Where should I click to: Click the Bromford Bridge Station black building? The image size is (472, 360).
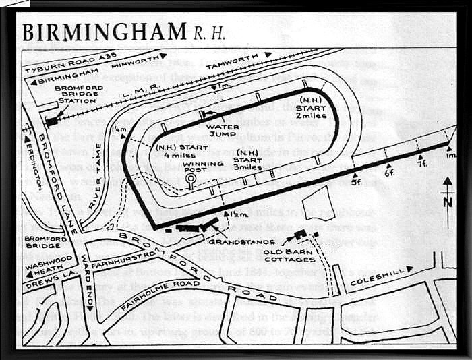51,121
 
